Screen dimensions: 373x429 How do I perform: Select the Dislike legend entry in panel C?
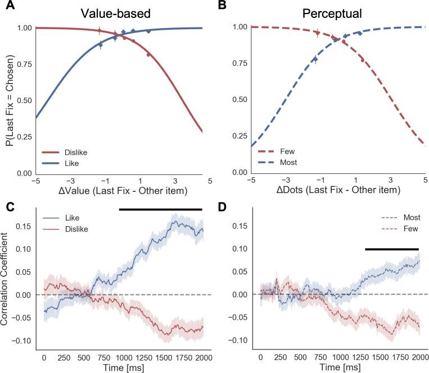coord(80,229)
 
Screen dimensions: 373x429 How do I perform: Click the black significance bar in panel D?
coord(392,248)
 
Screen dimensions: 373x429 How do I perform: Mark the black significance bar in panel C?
coord(160,209)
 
